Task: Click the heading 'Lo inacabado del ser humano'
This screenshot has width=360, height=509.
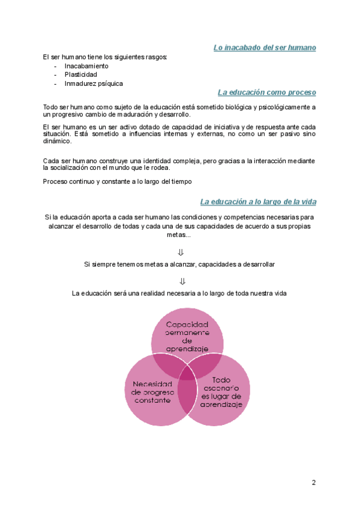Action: (x=265, y=47)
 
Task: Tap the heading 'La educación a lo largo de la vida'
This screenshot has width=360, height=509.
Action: (x=258, y=202)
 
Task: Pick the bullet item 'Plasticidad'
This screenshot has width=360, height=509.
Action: (x=81, y=74)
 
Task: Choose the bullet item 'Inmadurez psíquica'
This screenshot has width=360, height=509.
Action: (x=94, y=83)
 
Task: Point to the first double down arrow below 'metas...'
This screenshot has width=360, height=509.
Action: (x=181, y=253)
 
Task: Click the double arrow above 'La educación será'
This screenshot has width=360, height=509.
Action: (x=181, y=282)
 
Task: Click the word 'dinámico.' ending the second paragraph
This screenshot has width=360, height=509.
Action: (x=57, y=142)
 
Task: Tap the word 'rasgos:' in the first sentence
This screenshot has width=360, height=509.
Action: (x=155, y=56)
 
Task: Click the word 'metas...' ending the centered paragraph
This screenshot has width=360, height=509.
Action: (x=180, y=235)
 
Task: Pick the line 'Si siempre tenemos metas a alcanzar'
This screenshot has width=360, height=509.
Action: (x=180, y=264)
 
